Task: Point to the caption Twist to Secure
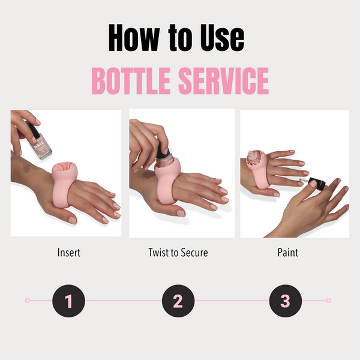coord(178,253)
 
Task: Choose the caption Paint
coord(289,253)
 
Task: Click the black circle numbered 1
coord(68,300)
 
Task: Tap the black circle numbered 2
coord(178,300)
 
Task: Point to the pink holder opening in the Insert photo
coord(64,170)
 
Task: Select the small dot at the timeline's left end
coord(27,300)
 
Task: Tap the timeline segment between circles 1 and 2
coord(123,300)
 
